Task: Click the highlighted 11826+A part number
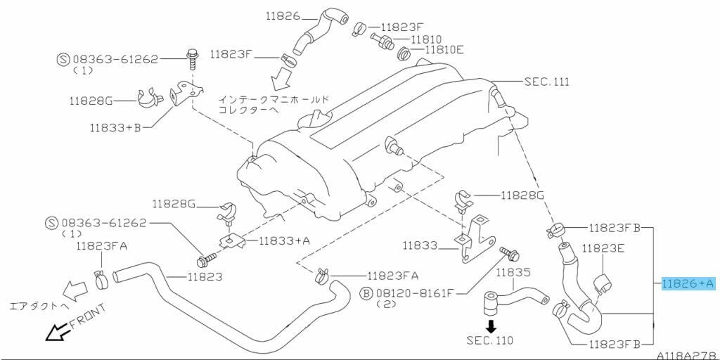point(688,283)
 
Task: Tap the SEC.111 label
point(546,82)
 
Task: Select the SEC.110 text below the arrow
point(489,340)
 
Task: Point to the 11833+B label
point(115,128)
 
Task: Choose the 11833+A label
point(284,240)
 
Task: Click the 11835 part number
point(514,271)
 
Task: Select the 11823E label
point(604,247)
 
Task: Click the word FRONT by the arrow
point(87,317)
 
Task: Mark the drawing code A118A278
point(686,356)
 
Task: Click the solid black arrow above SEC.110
point(491,326)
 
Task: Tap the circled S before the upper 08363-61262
point(62,60)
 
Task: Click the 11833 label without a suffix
point(420,246)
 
